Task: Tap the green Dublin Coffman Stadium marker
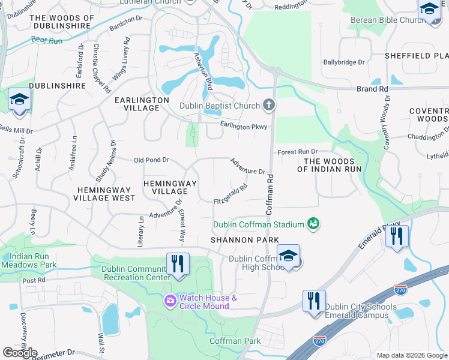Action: [x=312, y=224]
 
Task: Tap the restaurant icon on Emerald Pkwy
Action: [x=397, y=236]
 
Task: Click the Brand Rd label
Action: [x=372, y=89]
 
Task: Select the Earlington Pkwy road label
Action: [x=243, y=127]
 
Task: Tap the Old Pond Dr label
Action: [x=151, y=160]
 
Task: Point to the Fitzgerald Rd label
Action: [x=231, y=195]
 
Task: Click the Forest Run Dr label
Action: [x=297, y=152]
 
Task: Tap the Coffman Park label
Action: [x=235, y=341]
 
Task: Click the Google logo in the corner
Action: [x=19, y=352]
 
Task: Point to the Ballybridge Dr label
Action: [x=344, y=62]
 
